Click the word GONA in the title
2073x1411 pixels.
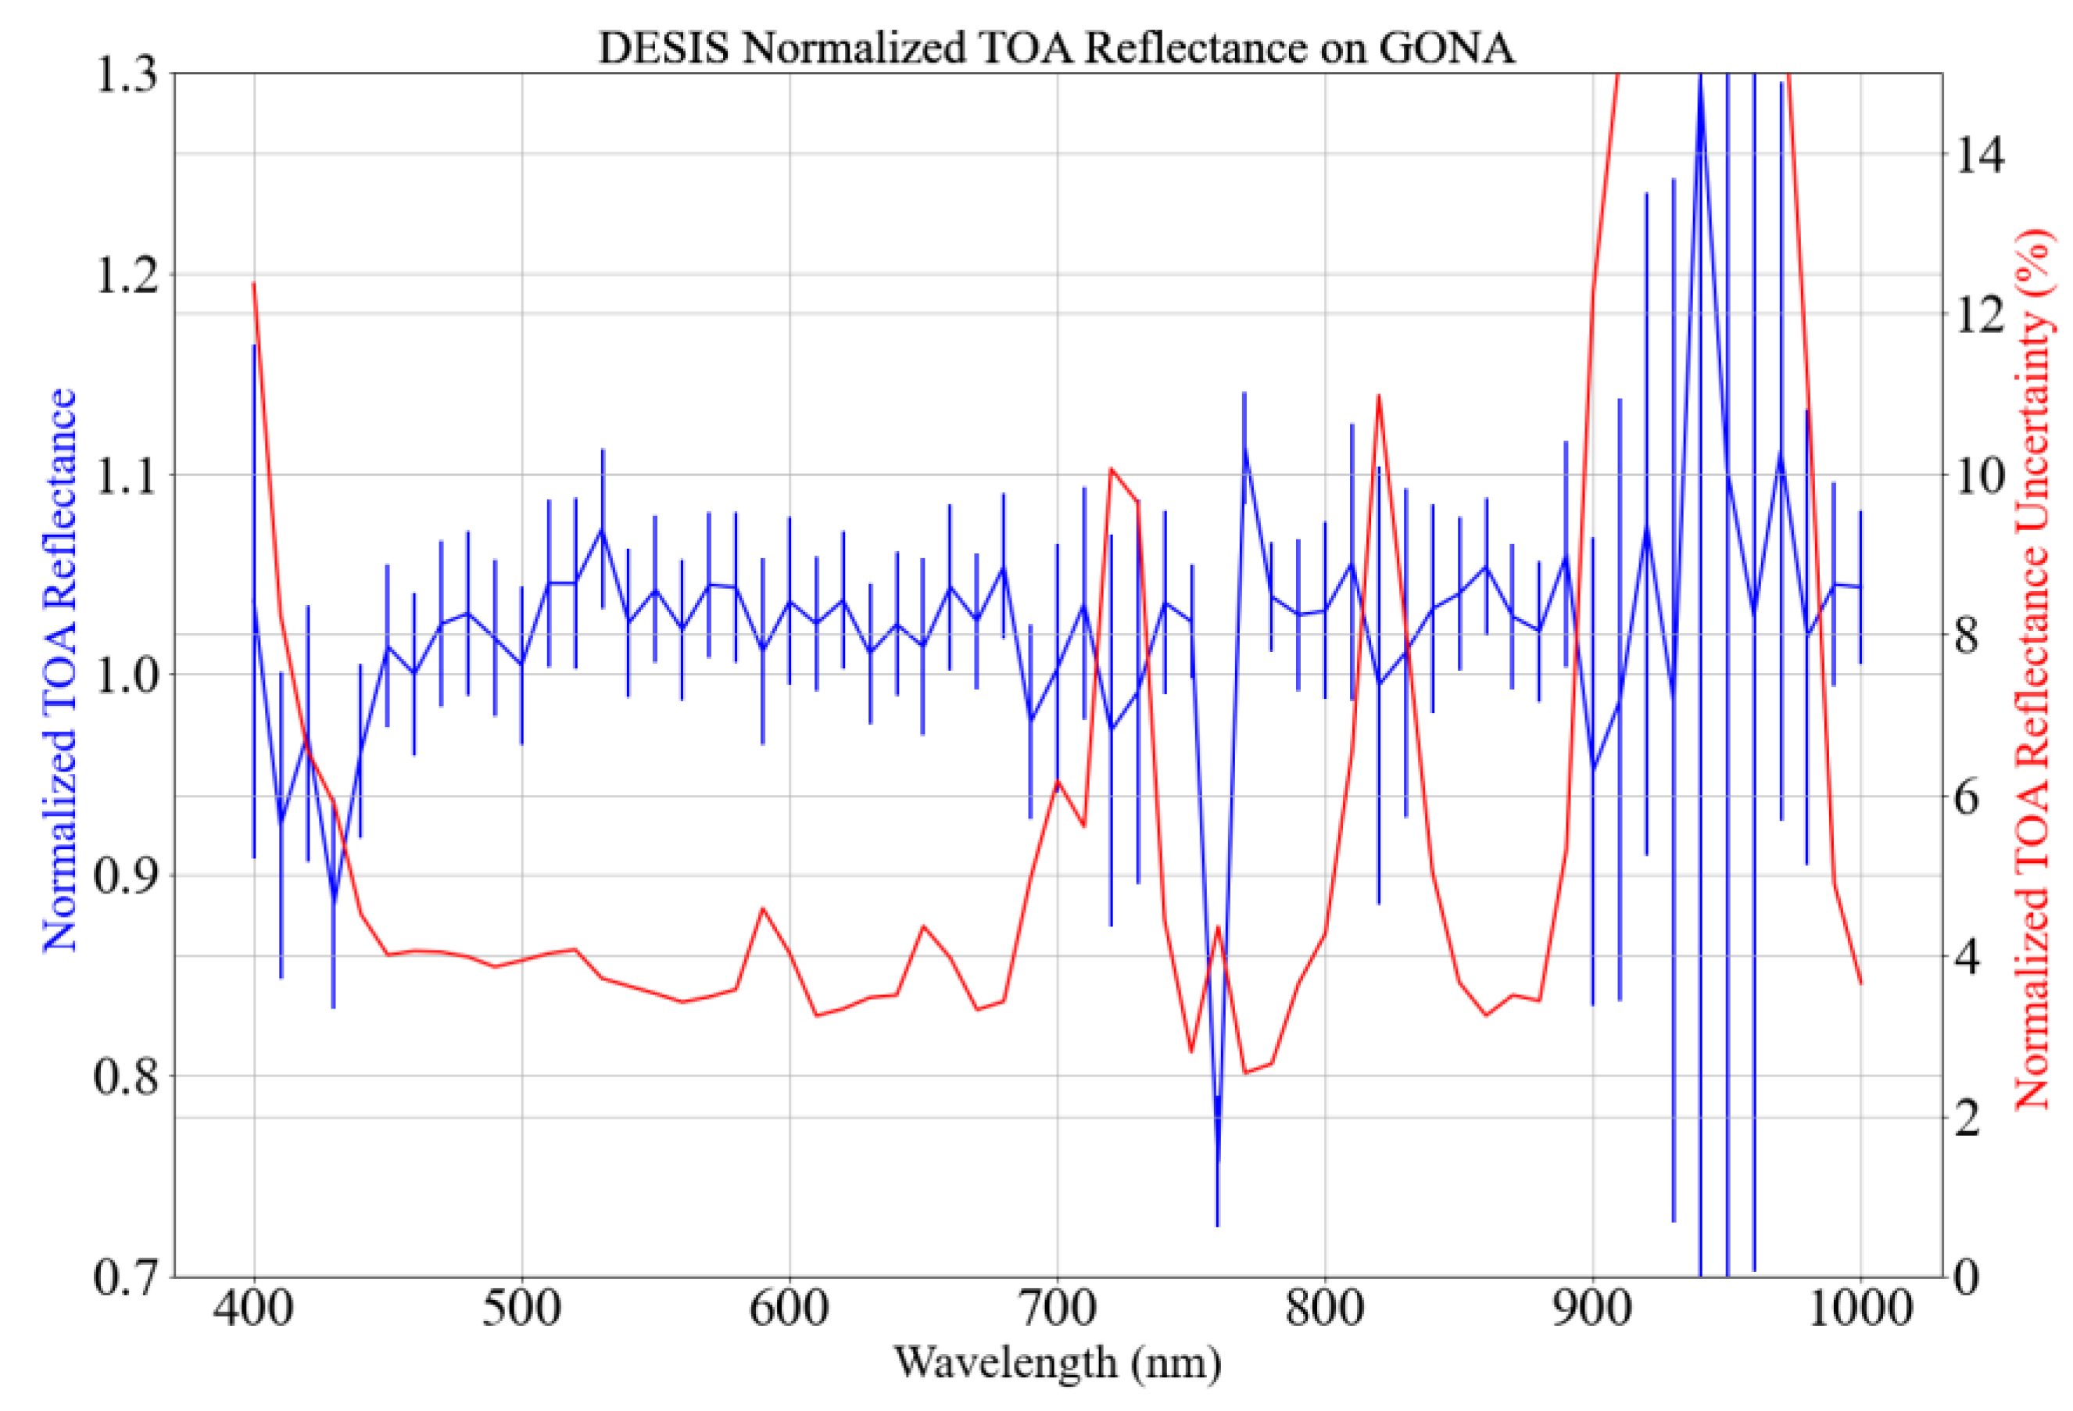coord(1446,47)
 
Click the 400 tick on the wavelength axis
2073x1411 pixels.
coord(254,1309)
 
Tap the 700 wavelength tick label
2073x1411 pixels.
coord(1057,1309)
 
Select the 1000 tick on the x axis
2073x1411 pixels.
coord(1860,1309)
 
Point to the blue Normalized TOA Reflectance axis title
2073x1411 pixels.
coord(59,670)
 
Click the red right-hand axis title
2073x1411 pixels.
coord(2034,670)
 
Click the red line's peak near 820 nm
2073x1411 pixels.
coord(1378,394)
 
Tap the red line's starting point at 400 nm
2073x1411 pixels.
coord(254,284)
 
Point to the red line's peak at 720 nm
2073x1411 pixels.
coord(1111,468)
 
